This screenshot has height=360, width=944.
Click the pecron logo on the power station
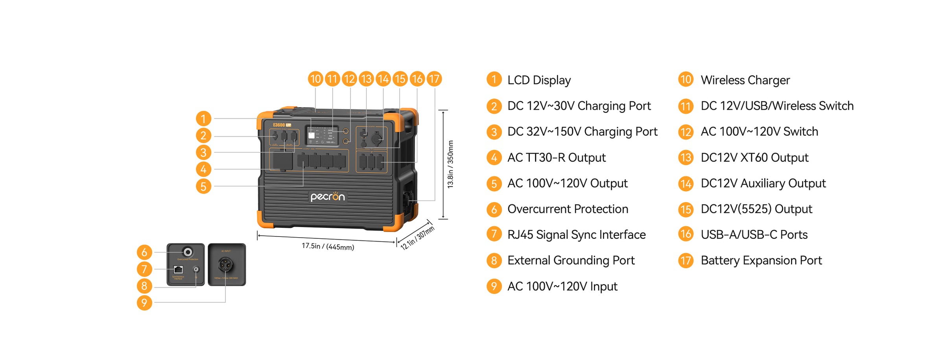click(x=327, y=196)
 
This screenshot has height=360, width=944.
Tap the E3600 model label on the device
click(x=279, y=125)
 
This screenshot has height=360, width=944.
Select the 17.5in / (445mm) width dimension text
click(x=328, y=247)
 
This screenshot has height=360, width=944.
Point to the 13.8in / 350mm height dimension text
click(x=451, y=164)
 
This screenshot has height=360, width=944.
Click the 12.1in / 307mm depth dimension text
click(x=417, y=238)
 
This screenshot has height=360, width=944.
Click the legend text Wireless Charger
click(x=745, y=80)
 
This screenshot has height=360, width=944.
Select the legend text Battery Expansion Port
click(x=761, y=260)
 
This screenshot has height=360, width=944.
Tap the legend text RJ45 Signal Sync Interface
click(x=576, y=235)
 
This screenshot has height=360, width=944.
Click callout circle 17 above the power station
click(x=434, y=79)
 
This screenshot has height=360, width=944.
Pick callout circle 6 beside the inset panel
click(x=144, y=252)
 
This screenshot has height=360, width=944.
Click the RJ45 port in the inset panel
click(x=178, y=270)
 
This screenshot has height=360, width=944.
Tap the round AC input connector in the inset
click(x=225, y=265)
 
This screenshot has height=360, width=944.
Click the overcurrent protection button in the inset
click(x=188, y=252)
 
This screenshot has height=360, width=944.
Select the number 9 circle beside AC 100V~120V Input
click(x=494, y=286)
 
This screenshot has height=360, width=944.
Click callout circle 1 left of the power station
click(x=203, y=118)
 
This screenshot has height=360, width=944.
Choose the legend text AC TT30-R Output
click(x=556, y=158)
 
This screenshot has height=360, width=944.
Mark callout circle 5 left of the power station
click(x=203, y=186)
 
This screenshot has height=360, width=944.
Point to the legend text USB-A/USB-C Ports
click(x=754, y=235)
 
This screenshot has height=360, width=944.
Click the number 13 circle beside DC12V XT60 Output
click(x=686, y=158)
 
